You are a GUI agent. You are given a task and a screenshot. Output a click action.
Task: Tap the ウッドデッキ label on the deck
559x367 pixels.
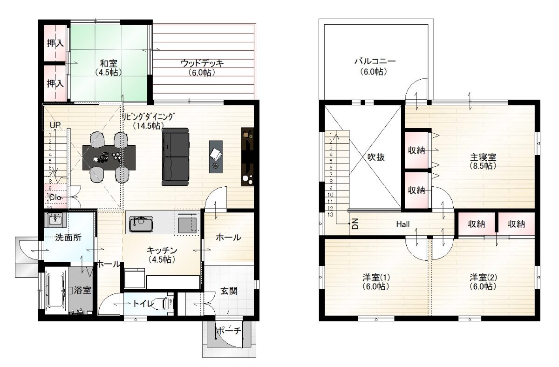(x=202, y=63)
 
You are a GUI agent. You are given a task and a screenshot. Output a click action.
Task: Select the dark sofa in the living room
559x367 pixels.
(x=176, y=157)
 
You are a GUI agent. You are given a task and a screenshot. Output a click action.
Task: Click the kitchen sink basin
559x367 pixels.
(x=141, y=224)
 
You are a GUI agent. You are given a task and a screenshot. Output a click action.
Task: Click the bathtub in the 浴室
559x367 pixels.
(x=56, y=291)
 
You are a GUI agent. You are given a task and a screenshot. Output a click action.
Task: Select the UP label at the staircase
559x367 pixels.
(x=55, y=125)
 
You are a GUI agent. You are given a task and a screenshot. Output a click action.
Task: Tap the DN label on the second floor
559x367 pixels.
(x=355, y=224)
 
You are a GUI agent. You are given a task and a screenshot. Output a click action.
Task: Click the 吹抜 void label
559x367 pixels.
(x=376, y=157)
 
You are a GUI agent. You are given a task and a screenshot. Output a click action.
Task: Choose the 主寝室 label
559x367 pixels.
(x=483, y=157)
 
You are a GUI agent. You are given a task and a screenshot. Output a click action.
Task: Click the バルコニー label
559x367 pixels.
(x=375, y=61)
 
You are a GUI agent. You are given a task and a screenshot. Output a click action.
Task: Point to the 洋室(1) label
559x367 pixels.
(x=376, y=277)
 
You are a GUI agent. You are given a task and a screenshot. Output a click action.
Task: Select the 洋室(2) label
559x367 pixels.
(x=483, y=277)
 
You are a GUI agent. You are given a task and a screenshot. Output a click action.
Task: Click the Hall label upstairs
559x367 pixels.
(x=403, y=224)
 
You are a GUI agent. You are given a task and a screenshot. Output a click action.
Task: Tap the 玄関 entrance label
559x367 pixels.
(x=229, y=291)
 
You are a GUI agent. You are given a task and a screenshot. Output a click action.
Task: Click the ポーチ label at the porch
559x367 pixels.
(x=229, y=331)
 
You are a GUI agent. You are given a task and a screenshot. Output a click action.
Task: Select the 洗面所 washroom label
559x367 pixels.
(x=68, y=238)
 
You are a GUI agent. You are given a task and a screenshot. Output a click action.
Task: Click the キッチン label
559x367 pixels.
(x=162, y=250)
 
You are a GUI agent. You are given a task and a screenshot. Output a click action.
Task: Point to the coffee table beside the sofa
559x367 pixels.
(x=216, y=156)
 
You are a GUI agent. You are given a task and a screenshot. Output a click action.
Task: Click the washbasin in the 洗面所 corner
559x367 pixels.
(x=55, y=220)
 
